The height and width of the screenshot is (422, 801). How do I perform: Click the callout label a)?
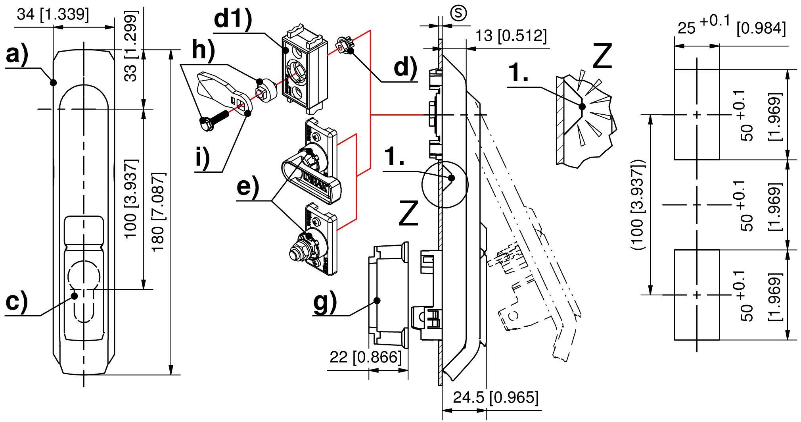coord(17,54)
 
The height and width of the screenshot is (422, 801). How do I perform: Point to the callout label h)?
coord(203,50)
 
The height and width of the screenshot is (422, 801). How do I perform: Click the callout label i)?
coord(203,158)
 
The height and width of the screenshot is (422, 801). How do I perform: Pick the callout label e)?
coord(248,187)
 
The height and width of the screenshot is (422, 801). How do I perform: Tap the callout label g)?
coord(325,302)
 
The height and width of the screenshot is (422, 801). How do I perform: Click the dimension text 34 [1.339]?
coord(53,15)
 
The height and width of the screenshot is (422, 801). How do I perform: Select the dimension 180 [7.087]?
coord(158,212)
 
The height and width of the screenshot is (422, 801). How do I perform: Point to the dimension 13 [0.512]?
coord(511,36)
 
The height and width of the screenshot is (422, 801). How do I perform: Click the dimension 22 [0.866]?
coord(365,357)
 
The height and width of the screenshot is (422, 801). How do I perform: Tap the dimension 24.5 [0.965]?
coord(496,397)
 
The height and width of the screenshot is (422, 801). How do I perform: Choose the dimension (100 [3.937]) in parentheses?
coord(638,205)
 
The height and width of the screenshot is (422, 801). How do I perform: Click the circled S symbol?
coord(458,13)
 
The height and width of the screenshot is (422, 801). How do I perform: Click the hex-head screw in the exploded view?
coord(213,120)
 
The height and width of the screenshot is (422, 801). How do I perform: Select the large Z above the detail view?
coord(602,56)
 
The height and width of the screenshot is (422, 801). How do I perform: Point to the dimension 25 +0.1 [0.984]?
coord(731,26)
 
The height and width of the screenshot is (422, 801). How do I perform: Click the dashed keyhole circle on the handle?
coord(84,275)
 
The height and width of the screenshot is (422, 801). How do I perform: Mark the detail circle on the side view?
coord(445,184)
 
